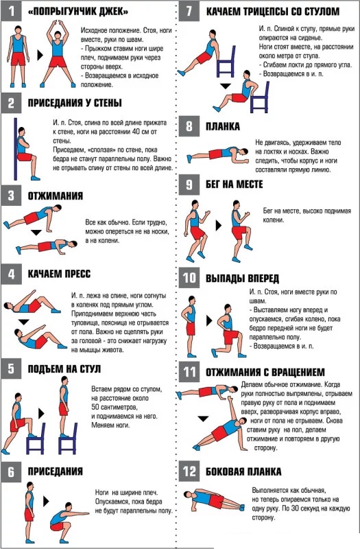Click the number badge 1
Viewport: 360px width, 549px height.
click(11, 12)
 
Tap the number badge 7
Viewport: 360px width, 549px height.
click(188, 12)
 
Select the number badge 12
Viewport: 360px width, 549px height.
click(188, 471)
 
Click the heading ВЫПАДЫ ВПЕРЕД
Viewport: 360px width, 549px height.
click(242, 278)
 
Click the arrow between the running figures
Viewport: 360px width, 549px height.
click(218, 224)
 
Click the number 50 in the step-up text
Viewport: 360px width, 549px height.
click(95, 408)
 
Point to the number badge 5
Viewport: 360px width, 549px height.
click(11, 369)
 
